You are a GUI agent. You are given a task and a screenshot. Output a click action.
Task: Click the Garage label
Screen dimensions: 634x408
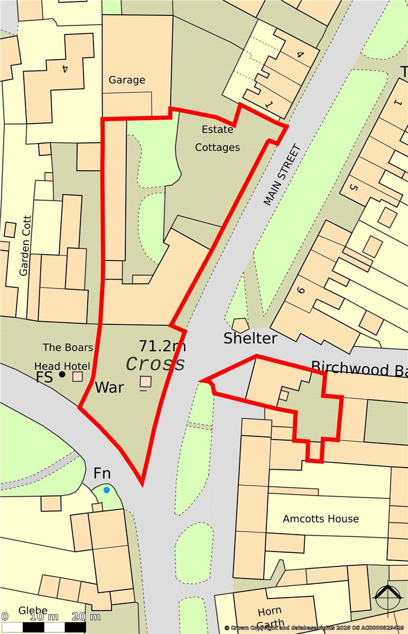click(x=127, y=80)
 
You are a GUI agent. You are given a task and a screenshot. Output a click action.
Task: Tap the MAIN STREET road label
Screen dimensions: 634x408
click(x=282, y=175)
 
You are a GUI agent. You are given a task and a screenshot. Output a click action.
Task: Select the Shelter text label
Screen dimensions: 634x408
click(x=250, y=338)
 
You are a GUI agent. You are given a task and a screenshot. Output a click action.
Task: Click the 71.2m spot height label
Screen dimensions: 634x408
click(x=162, y=346)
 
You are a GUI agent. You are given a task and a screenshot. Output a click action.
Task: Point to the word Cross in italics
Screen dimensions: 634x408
click(x=156, y=364)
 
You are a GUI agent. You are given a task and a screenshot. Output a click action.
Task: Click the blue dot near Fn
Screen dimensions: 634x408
click(x=107, y=490)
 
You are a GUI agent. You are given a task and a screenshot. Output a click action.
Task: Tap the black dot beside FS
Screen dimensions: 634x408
click(x=62, y=375)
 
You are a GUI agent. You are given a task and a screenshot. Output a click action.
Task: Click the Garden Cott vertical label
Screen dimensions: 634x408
click(x=24, y=245)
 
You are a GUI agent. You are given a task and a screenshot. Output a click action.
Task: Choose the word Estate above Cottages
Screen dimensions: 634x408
click(x=218, y=129)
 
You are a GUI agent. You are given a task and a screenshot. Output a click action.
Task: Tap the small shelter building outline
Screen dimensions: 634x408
click(x=240, y=325)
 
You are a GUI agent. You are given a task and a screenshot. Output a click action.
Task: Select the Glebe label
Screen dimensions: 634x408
click(x=33, y=611)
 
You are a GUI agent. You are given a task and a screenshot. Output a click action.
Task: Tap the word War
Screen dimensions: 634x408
click(x=109, y=387)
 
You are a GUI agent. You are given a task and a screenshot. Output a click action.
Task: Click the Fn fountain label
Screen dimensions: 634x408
click(x=102, y=473)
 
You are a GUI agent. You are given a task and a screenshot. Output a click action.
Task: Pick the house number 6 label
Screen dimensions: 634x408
click(x=302, y=290)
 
